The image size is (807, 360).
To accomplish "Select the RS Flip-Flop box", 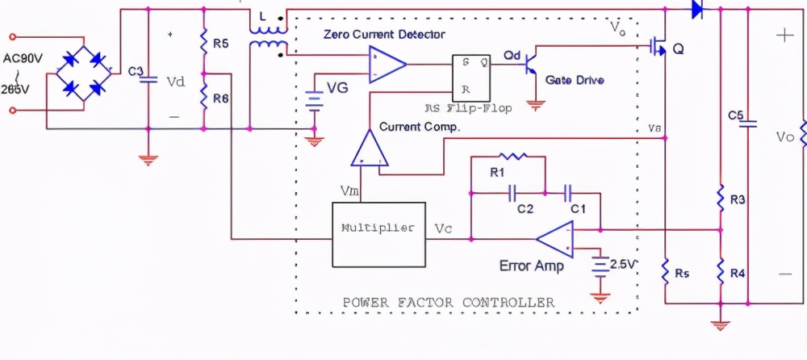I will point(470,75).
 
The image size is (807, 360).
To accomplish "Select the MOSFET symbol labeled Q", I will point(659,48).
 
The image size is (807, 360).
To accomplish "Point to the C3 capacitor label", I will point(136,71).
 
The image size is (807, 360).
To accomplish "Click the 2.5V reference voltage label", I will point(621,265).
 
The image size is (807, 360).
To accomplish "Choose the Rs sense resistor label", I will point(681,274).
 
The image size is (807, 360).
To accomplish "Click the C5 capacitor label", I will point(735,115).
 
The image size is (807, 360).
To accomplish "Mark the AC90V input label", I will point(21,58).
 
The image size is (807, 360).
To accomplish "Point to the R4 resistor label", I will point(736,274).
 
